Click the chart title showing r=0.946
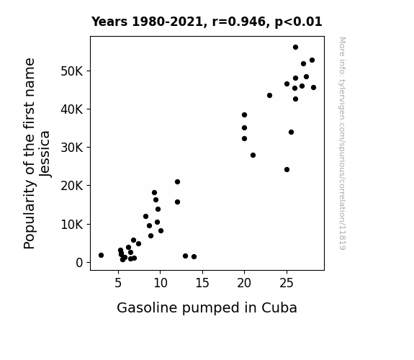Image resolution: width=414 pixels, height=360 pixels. (207, 22)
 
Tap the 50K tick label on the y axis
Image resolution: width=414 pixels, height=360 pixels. (72, 71)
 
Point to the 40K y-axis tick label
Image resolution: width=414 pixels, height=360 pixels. (72, 109)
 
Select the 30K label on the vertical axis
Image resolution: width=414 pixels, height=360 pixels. (72, 148)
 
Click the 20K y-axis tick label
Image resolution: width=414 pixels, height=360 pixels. (72, 186)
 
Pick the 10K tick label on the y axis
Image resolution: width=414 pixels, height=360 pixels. (72, 224)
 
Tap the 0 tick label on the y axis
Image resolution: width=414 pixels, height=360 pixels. (79, 263)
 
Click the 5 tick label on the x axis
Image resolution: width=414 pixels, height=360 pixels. (118, 283)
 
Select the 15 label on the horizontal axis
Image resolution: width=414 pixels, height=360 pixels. (202, 283)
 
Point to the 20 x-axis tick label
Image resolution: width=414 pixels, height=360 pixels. (244, 283)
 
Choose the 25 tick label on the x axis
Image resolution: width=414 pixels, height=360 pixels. (287, 283)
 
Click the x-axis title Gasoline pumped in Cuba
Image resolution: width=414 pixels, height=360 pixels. (207, 308)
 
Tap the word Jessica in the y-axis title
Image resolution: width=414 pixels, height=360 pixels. (45, 154)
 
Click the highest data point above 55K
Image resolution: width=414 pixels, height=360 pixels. (295, 48)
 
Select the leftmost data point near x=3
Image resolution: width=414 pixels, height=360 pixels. (101, 255)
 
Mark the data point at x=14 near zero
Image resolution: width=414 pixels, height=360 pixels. (194, 256)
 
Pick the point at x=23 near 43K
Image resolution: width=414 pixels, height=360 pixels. (269, 95)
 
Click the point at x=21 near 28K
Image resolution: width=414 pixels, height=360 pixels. (253, 155)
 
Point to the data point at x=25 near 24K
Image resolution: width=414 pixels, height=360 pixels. (287, 170)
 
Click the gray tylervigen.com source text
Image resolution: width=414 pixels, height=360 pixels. (342, 143)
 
